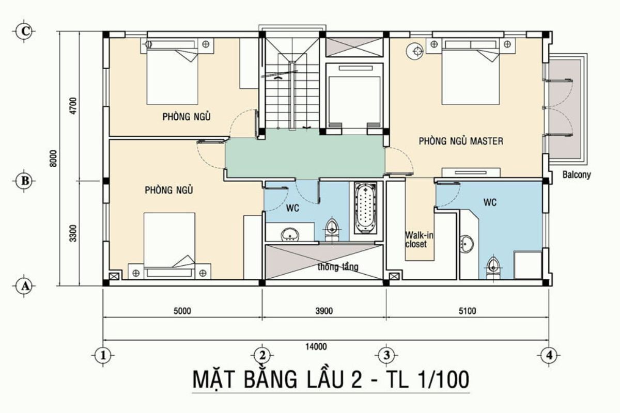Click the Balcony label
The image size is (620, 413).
coord(577,175)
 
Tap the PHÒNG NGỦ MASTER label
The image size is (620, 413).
coord(460,141)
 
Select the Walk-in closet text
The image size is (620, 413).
coord(419,240)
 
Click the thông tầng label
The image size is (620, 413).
coord(338,267)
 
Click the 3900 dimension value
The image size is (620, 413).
coord(324,311)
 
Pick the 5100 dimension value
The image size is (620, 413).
coord(467,311)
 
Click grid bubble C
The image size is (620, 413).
coord(24,31)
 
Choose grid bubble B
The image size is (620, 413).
coord(24,181)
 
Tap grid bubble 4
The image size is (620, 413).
coord(549,355)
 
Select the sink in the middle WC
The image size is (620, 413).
coord(290,235)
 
